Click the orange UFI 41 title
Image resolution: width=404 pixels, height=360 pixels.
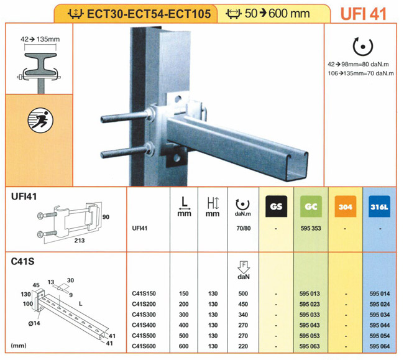pyautogui.click(x=364, y=14)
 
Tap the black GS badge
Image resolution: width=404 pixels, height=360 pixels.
pyautogui.click(x=276, y=206)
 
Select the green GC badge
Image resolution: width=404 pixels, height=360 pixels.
pyautogui.click(x=311, y=206)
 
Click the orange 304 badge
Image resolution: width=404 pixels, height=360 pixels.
pyautogui.click(x=345, y=206)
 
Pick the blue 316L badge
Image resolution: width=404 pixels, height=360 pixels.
pyautogui.click(x=379, y=206)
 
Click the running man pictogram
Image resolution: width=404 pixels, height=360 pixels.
pyautogui.click(x=40, y=121)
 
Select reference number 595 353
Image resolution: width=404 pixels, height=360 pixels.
pyautogui.click(x=311, y=228)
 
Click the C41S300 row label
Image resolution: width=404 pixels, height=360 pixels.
pyautogui.click(x=144, y=315)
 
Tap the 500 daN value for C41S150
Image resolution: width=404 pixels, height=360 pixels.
pyautogui.click(x=243, y=293)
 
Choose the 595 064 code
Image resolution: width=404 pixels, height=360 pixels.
pyautogui.click(x=380, y=346)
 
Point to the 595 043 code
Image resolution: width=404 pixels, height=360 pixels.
pyautogui.click(x=310, y=325)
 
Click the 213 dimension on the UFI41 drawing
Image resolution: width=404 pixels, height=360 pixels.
pyautogui.click(x=80, y=241)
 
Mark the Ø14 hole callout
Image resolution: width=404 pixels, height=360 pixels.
pyautogui.click(x=34, y=323)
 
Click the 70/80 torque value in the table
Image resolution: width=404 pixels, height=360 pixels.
pyautogui.click(x=244, y=228)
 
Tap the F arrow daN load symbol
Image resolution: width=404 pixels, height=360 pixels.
pyautogui.click(x=244, y=270)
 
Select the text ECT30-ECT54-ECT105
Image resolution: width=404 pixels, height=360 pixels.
pyautogui.click(x=149, y=14)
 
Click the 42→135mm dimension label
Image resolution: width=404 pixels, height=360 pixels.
pyautogui.click(x=40, y=39)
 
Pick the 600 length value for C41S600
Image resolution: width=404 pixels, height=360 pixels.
pyautogui.click(x=183, y=346)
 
